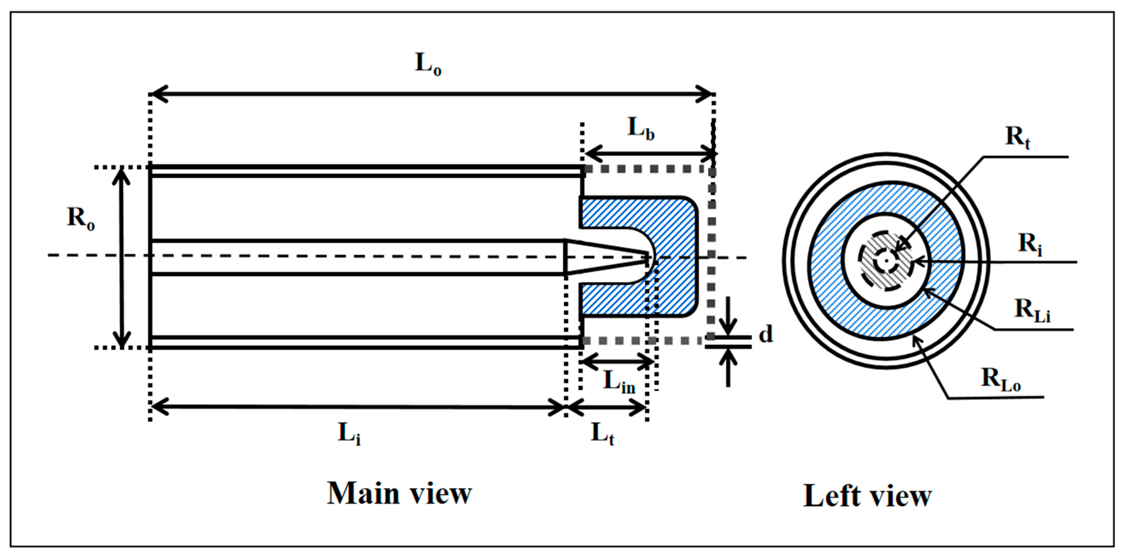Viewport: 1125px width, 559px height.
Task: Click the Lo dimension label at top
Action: click(x=428, y=65)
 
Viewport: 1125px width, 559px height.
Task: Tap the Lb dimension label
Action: click(x=641, y=129)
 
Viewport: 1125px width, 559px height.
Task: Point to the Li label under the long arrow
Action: click(x=349, y=434)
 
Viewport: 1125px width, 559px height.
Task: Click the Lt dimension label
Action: click(x=602, y=434)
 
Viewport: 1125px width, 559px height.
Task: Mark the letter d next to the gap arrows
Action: click(x=765, y=334)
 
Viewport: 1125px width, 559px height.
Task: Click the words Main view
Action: click(x=399, y=494)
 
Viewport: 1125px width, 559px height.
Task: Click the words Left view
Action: click(x=867, y=496)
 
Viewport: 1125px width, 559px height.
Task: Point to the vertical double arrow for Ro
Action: click(x=122, y=258)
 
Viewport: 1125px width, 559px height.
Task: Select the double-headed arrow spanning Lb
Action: click(x=650, y=154)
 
